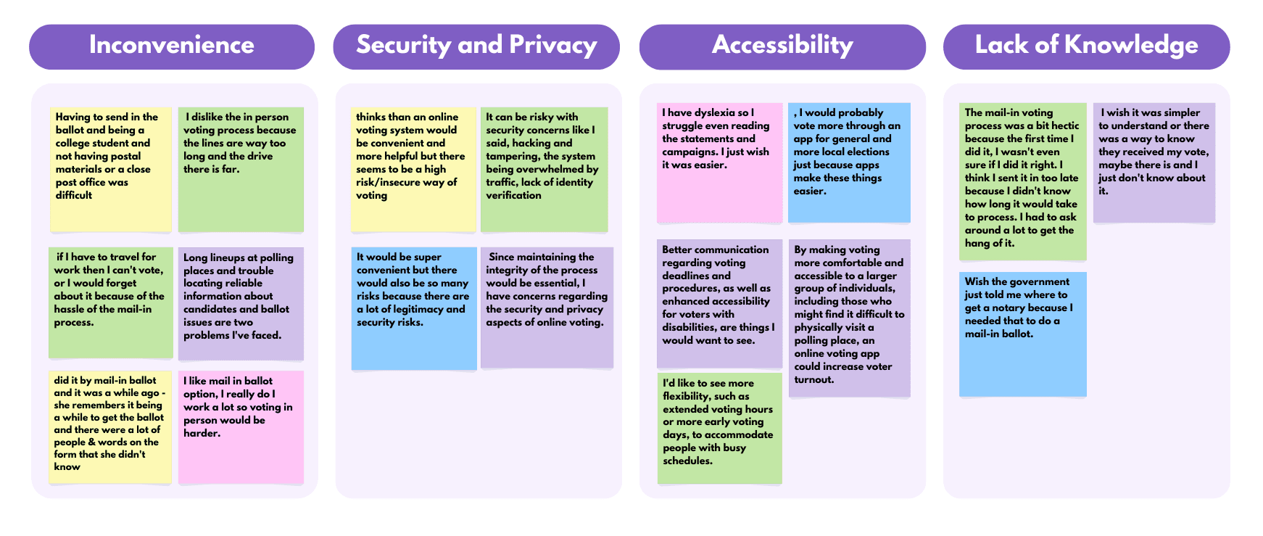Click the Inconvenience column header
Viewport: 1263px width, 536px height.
(172, 46)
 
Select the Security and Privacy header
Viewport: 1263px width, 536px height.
(476, 46)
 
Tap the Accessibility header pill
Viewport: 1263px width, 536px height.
(782, 46)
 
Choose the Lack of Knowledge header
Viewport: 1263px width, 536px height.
(1086, 46)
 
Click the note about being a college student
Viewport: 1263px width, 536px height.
(111, 169)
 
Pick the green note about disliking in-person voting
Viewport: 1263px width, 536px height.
(241, 169)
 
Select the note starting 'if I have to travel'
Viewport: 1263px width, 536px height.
(111, 302)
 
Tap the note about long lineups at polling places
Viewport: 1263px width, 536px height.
(241, 303)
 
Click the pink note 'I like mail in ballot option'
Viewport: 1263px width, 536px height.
(241, 426)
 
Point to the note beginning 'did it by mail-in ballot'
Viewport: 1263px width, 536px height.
(111, 426)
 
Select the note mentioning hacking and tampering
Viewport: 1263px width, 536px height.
(544, 169)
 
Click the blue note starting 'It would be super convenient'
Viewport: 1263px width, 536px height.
(414, 308)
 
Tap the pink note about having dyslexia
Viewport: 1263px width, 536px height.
(719, 162)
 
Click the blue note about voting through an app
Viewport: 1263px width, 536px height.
(849, 162)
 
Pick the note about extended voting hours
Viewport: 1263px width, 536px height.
(719, 428)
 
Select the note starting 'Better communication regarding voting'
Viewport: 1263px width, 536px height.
(719, 303)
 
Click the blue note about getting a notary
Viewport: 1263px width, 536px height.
(1022, 334)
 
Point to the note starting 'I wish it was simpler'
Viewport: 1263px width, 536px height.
(1154, 162)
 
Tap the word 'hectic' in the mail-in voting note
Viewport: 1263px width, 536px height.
(1065, 126)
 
